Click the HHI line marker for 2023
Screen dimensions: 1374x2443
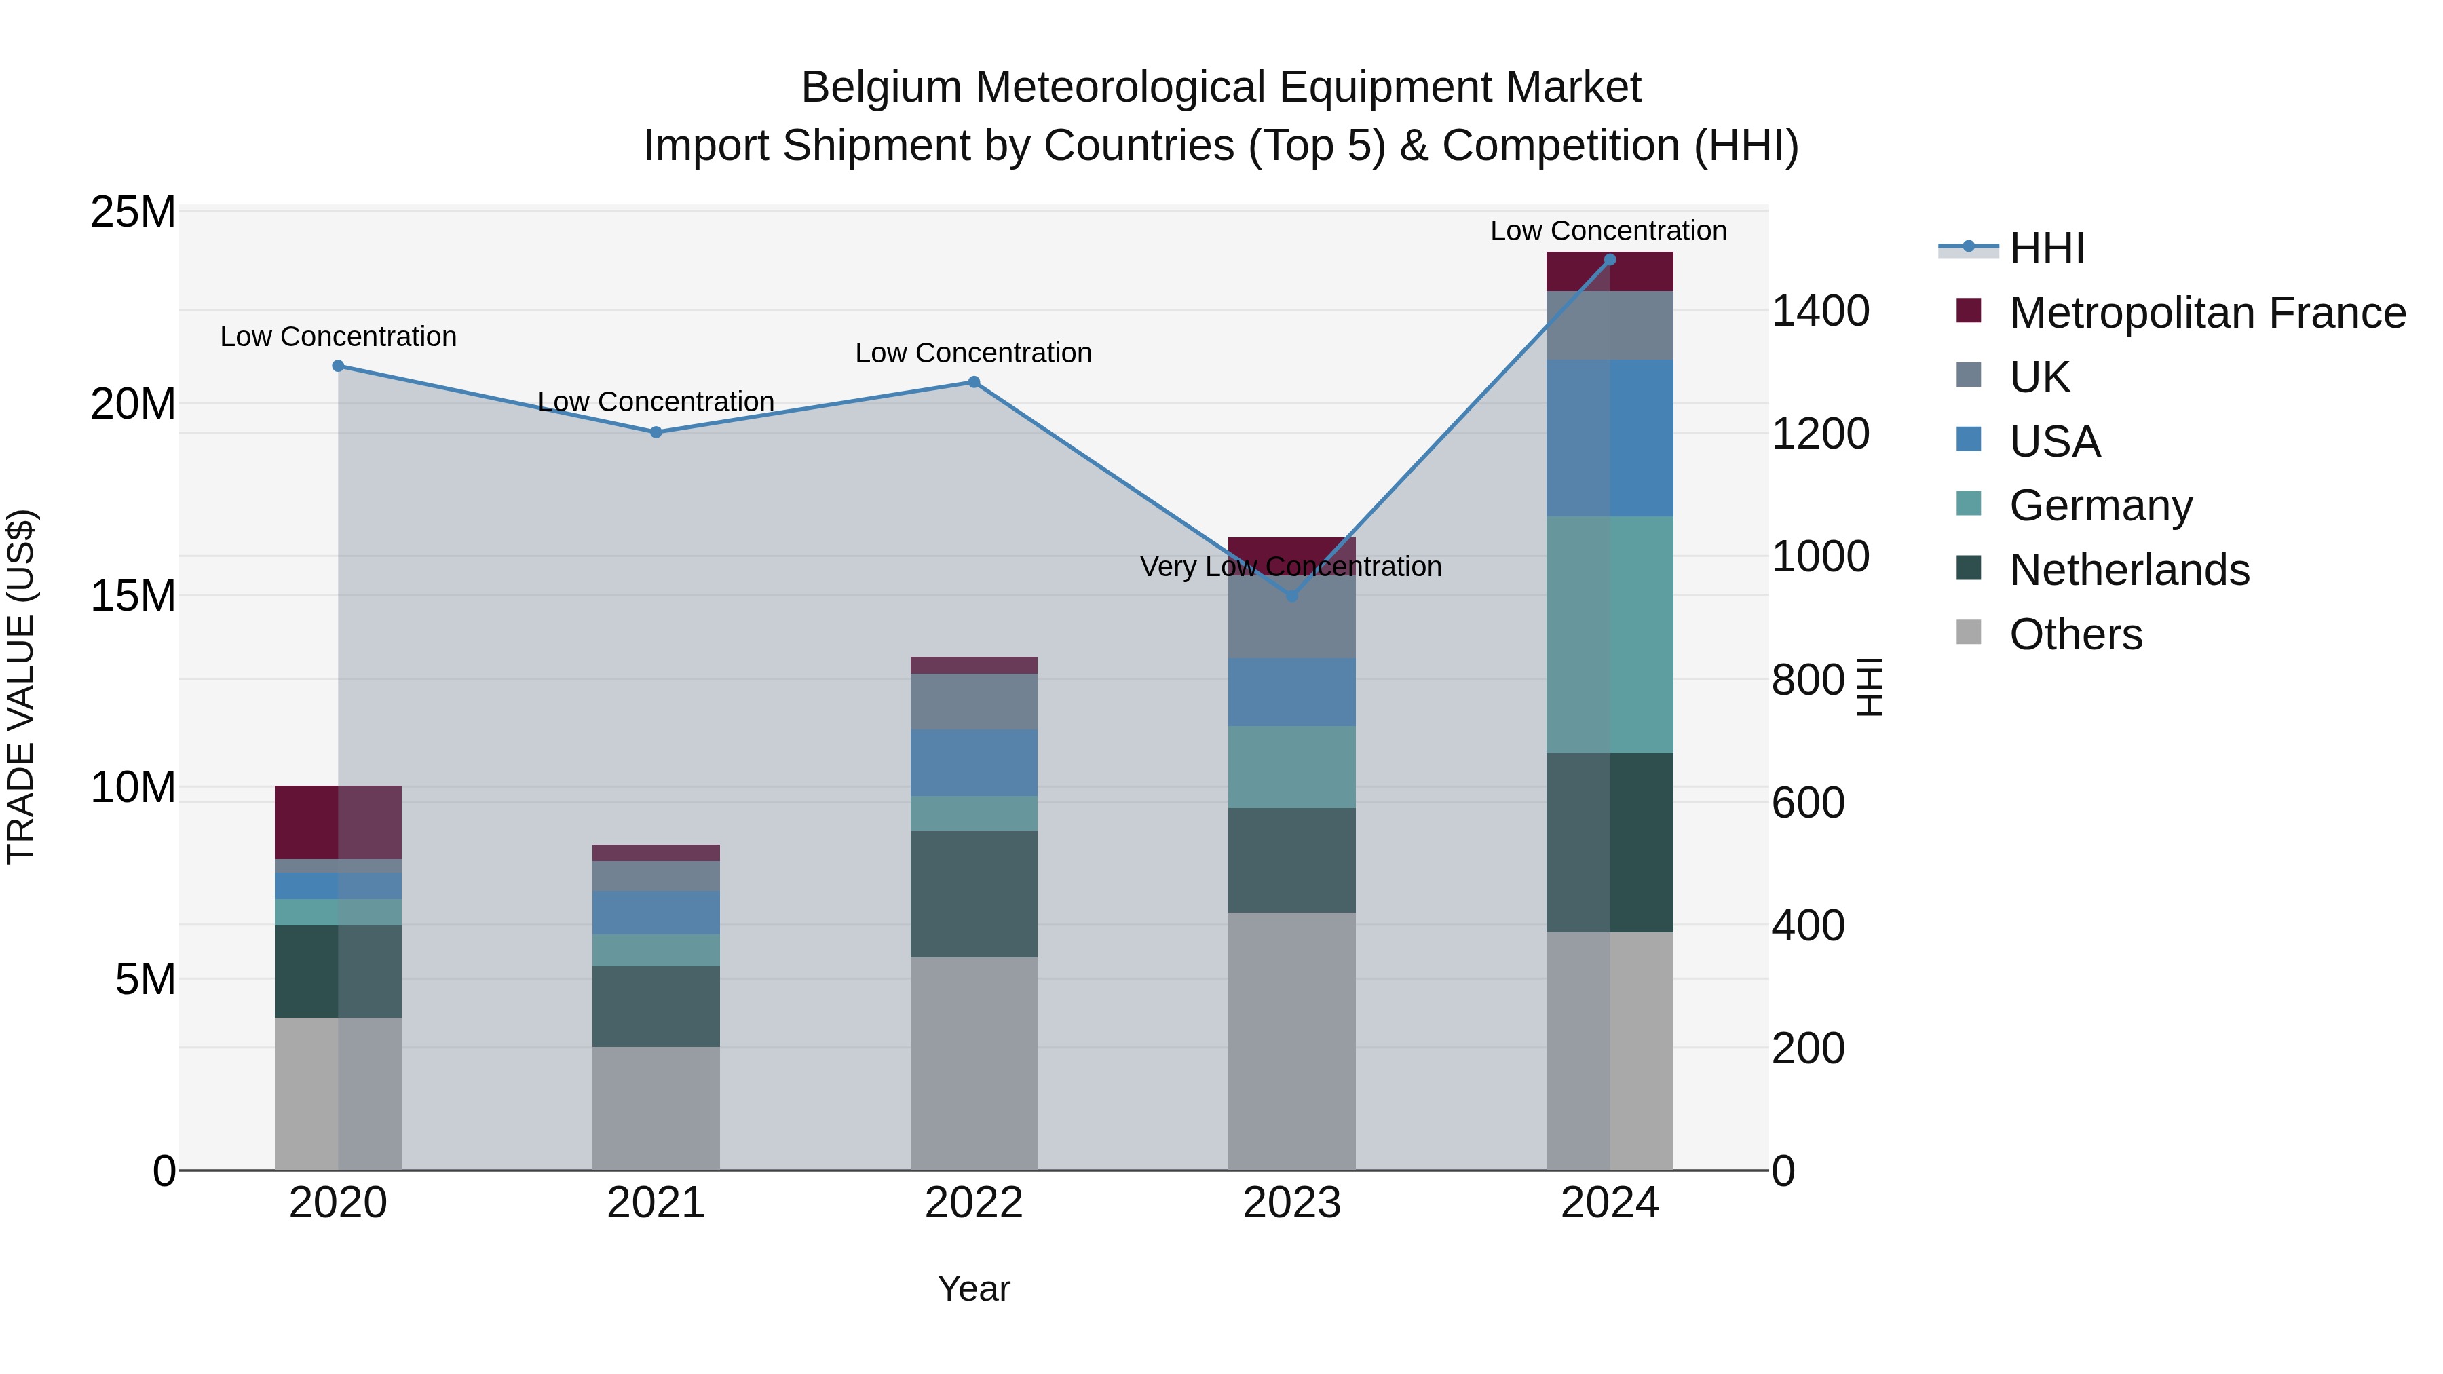point(1291,596)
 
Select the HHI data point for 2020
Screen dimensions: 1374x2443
point(339,366)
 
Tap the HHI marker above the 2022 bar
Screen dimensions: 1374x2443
point(973,382)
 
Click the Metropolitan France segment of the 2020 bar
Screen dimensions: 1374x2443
point(338,822)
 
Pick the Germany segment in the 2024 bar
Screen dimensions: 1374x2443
point(1610,634)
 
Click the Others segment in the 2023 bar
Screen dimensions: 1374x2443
point(1291,1040)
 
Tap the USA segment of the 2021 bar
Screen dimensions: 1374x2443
point(656,912)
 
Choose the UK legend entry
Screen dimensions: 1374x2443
point(2039,377)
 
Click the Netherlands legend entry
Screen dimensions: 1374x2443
point(2129,570)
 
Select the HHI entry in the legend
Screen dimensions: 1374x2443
point(2047,248)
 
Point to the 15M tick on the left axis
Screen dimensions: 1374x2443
point(133,596)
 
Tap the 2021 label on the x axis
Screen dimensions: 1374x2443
point(656,1203)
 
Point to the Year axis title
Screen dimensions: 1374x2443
point(973,1289)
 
